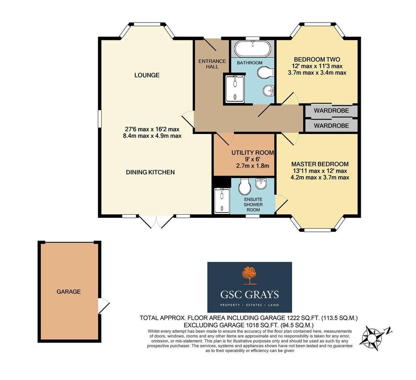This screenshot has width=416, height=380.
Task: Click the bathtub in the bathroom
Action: click(x=252, y=48)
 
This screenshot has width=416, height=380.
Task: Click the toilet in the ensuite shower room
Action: click(x=244, y=186)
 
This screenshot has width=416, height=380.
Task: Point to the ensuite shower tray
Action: click(x=222, y=201)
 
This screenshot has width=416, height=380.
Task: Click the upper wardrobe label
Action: click(x=331, y=110)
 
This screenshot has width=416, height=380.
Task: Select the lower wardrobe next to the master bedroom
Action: click(x=331, y=125)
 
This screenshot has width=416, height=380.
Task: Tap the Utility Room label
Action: click(x=252, y=153)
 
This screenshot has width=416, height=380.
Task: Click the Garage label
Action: click(x=69, y=292)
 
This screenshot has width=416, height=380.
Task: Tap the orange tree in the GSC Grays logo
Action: click(x=249, y=275)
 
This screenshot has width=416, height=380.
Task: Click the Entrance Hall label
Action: click(x=212, y=64)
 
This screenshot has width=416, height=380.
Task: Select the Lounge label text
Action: click(x=147, y=75)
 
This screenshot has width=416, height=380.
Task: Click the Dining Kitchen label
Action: click(x=150, y=172)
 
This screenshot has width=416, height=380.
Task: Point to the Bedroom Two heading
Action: click(x=317, y=59)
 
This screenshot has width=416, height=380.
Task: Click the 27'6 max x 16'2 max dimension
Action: click(x=152, y=129)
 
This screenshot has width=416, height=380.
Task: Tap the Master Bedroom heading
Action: click(x=320, y=164)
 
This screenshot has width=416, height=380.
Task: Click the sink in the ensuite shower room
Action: click(x=261, y=184)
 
